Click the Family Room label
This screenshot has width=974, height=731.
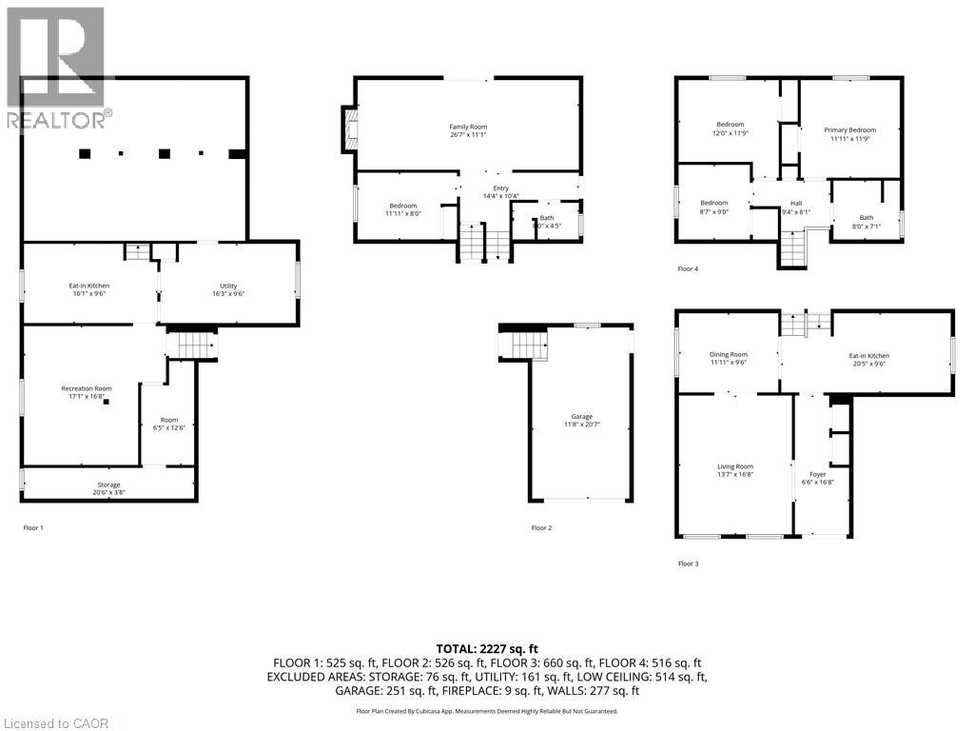click(x=468, y=131)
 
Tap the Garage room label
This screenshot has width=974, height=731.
click(x=581, y=422)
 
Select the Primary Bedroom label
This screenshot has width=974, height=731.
click(x=849, y=134)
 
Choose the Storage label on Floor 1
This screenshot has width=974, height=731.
click(x=108, y=489)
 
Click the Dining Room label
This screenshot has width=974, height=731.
click(x=729, y=359)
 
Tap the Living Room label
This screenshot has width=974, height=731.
click(x=735, y=470)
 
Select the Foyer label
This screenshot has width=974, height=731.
click(x=817, y=478)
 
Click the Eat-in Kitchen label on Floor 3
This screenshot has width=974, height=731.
click(x=869, y=360)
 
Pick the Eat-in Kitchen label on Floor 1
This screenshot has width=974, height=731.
click(x=88, y=290)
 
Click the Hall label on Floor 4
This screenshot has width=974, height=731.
click(x=796, y=207)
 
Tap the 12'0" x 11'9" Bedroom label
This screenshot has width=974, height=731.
click(x=730, y=128)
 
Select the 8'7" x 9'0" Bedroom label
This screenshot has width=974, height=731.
click(x=713, y=207)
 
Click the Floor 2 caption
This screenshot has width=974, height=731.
click(x=541, y=527)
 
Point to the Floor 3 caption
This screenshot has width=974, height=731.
click(x=688, y=563)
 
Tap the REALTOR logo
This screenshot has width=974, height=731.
click(x=57, y=67)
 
